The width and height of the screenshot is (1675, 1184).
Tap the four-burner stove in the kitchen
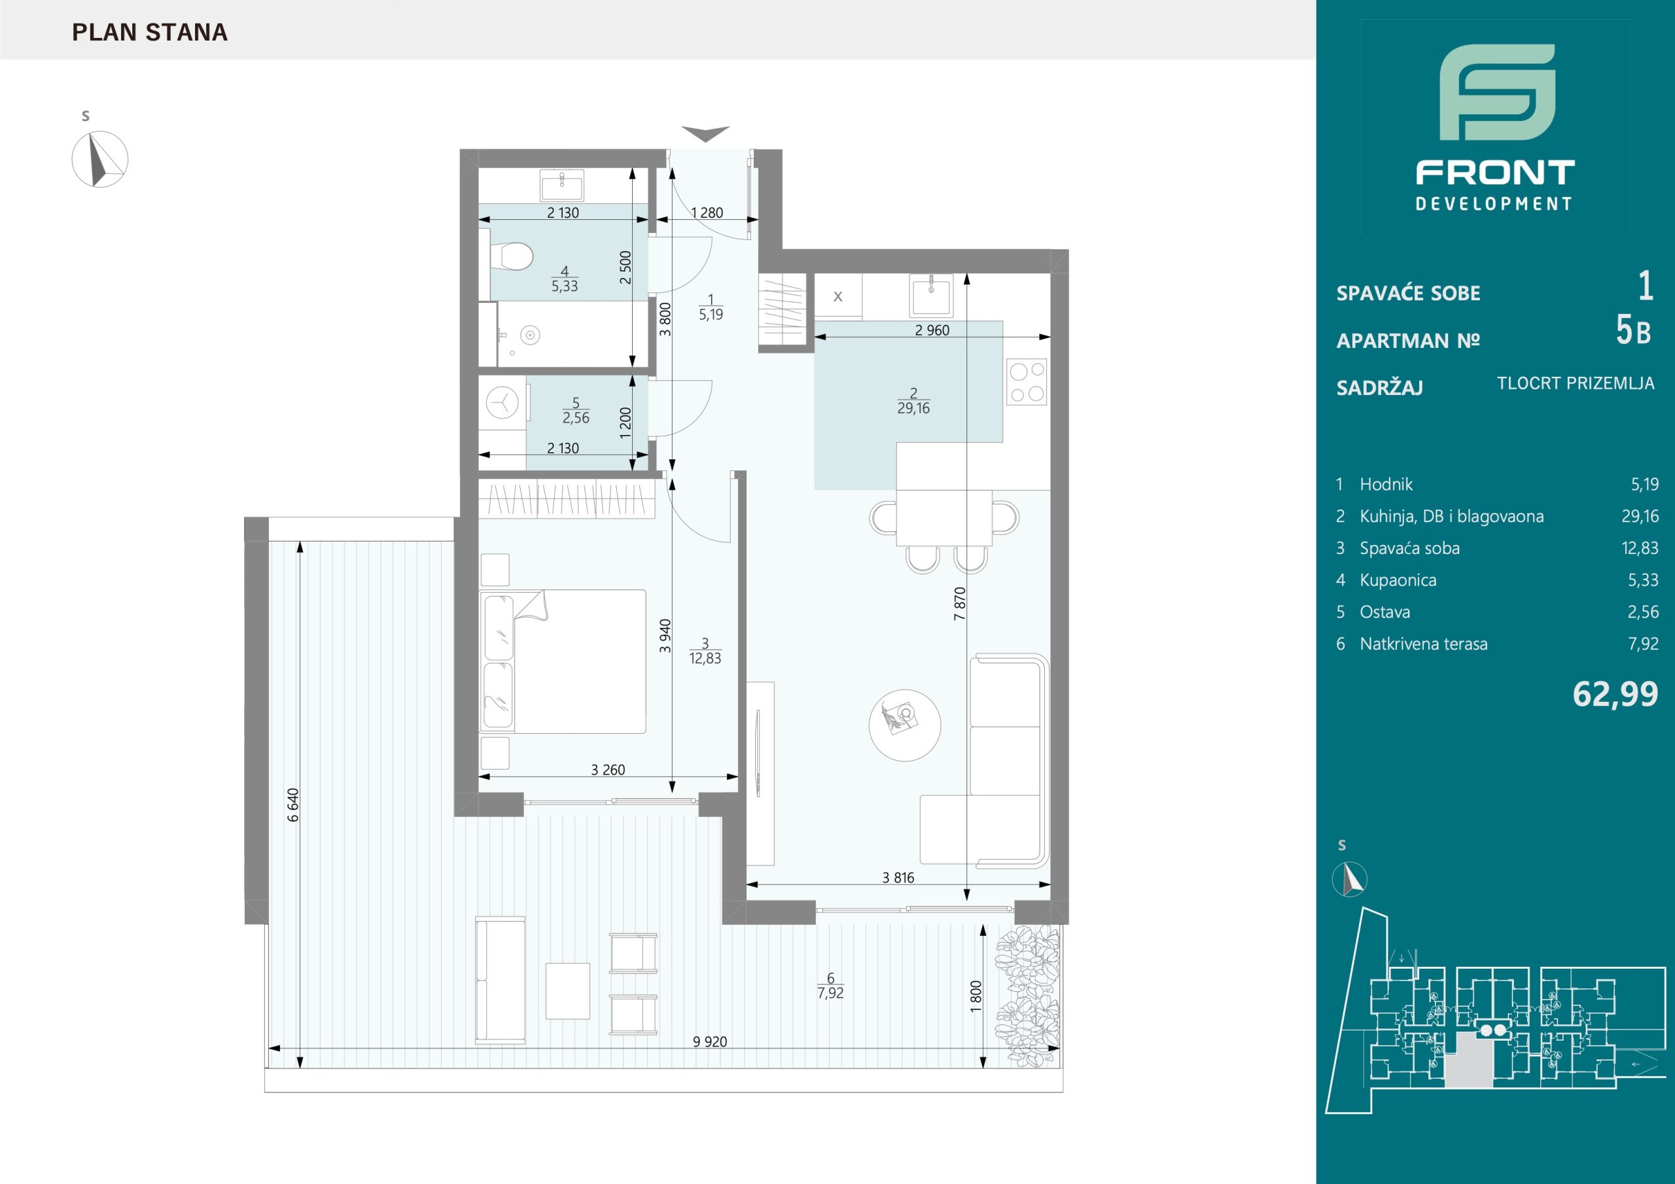[x=1027, y=381]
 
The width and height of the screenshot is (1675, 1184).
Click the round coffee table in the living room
[x=905, y=725]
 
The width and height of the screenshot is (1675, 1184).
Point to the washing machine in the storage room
[x=502, y=402]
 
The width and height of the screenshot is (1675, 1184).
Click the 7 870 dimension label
[x=960, y=603]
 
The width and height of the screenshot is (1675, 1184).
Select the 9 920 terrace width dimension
[x=710, y=1042]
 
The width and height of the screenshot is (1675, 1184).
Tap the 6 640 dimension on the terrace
[x=293, y=805]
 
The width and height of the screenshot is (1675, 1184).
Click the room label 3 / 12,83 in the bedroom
[x=705, y=651]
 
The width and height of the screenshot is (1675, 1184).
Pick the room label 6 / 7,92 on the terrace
[x=831, y=986]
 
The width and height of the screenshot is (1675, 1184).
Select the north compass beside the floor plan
[x=100, y=159]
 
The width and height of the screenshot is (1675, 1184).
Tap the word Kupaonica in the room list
[x=1398, y=580]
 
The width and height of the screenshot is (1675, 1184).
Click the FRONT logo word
[x=1495, y=173]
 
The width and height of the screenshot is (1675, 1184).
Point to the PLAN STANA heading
[x=150, y=33]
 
